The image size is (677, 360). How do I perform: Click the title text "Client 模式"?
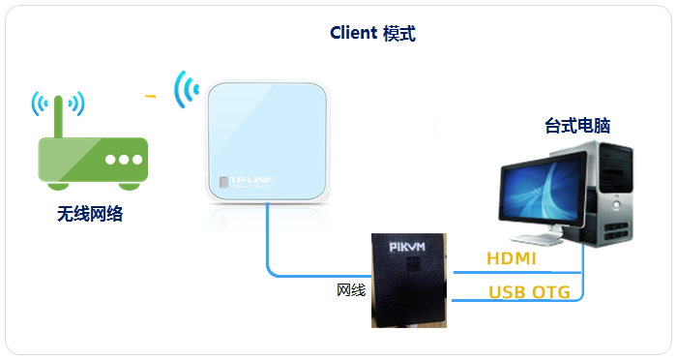[x=372, y=33]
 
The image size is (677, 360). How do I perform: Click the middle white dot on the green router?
[x=123, y=160]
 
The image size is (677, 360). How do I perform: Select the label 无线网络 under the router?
[x=89, y=214]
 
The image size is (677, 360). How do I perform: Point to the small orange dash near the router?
[x=150, y=97]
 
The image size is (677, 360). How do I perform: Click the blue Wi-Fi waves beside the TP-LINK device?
[x=185, y=89]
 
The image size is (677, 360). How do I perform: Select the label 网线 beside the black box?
[x=351, y=289]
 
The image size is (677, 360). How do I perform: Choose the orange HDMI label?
[x=511, y=259]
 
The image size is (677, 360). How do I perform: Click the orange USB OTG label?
[x=529, y=292]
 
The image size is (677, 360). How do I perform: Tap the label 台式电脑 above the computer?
[x=577, y=126]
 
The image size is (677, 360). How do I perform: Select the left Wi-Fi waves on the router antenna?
[x=39, y=103]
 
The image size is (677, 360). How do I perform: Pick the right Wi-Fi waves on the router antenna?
[x=76, y=103]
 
